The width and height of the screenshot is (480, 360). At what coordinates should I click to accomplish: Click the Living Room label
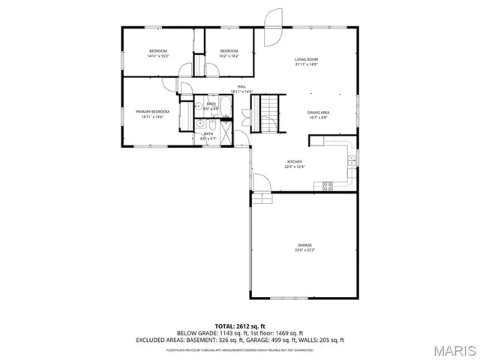point(306,58)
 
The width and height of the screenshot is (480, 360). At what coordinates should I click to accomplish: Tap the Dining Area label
point(318,112)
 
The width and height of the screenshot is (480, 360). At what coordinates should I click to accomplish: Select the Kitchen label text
point(295,161)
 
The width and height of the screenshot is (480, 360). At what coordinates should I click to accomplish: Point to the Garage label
point(304,245)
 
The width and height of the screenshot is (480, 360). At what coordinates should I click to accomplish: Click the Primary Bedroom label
point(150,112)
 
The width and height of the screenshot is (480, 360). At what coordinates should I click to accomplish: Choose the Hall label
point(241,86)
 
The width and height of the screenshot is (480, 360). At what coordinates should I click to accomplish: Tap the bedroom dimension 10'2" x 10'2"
point(229,56)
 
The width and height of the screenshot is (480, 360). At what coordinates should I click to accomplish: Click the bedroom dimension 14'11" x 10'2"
point(158,56)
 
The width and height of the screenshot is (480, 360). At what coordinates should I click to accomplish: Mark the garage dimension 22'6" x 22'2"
point(304,250)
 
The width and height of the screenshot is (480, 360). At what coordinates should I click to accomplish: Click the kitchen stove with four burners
point(328,186)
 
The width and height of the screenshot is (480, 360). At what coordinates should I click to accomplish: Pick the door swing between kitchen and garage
point(260,184)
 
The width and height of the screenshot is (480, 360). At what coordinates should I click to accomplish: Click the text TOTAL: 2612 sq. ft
point(240,326)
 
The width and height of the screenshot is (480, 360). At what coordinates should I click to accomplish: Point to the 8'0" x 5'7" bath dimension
point(208,139)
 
